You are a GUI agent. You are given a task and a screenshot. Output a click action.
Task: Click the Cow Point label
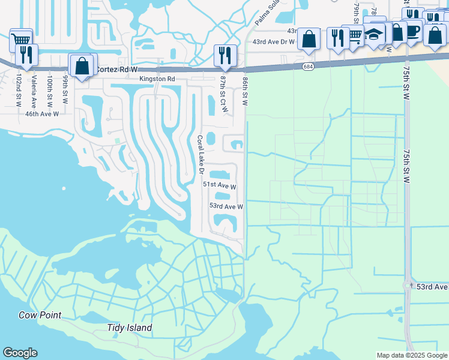tap(40, 315)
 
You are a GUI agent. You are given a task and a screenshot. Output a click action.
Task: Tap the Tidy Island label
tap(129, 328)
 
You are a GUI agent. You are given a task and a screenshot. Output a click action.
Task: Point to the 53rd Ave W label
tap(226, 206)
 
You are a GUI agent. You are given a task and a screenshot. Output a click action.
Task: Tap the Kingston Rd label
tap(157, 79)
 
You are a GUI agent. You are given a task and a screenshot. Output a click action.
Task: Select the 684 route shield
tap(308, 67)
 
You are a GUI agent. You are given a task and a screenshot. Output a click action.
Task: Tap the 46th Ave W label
tap(42, 113)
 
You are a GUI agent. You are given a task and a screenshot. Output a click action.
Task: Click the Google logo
tap(20, 353)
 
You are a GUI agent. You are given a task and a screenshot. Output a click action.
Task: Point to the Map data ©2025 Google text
tap(411, 355)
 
